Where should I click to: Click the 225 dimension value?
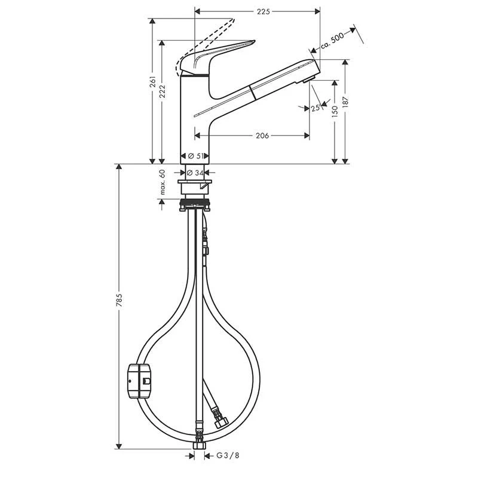(x=263, y=11)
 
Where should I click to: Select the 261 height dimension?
(x=153, y=82)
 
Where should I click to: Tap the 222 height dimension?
(x=163, y=91)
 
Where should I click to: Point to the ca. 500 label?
(x=332, y=40)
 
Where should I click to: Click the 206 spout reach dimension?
(x=262, y=136)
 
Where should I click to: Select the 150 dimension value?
(x=335, y=112)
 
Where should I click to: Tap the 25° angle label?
(x=315, y=108)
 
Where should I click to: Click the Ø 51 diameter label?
(x=196, y=156)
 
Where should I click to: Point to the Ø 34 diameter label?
(x=195, y=173)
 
